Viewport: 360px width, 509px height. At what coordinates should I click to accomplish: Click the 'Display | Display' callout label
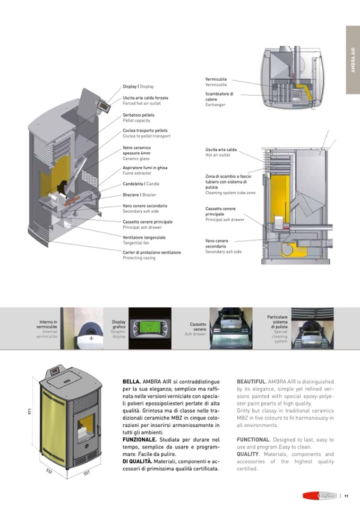[x=138, y=86]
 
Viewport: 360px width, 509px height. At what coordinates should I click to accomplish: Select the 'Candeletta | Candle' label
[x=141, y=184]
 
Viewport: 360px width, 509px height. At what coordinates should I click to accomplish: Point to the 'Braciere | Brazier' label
[x=139, y=195]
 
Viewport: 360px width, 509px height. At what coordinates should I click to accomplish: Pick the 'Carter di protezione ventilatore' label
[x=151, y=252]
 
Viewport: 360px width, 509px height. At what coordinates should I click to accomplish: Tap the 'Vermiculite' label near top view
[x=216, y=79]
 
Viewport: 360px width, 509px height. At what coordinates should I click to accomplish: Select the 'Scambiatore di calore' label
[x=219, y=96]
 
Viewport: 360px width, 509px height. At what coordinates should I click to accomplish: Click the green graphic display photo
[x=143, y=328]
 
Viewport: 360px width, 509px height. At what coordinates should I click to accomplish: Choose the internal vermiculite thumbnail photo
[x=81, y=328]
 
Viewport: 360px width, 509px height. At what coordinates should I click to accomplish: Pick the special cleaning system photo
[x=312, y=328]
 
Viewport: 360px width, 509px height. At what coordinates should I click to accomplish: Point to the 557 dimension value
[x=87, y=472]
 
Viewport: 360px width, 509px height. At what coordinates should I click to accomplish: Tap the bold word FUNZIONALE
[x=140, y=440]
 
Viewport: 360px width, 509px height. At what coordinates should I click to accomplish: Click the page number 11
[x=346, y=496]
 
